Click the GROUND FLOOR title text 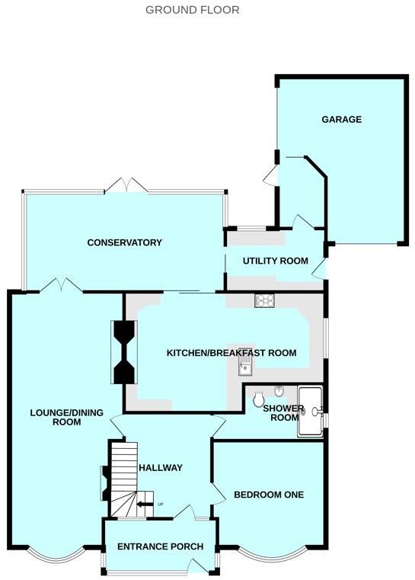coord(192,10)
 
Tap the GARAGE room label coord(340,120)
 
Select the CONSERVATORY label coord(124,242)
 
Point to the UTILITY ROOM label coord(275,261)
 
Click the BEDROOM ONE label coord(268,495)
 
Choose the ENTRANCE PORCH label coord(159,546)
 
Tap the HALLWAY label coord(160,467)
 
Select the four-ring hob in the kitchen coord(264,301)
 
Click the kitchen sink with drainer coord(244,369)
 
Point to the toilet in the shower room coord(258,398)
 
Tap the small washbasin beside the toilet coord(279,392)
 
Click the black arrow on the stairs coord(143,503)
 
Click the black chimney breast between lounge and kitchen coord(123,352)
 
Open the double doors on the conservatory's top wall coord(124,185)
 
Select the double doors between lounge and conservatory coord(62,286)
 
